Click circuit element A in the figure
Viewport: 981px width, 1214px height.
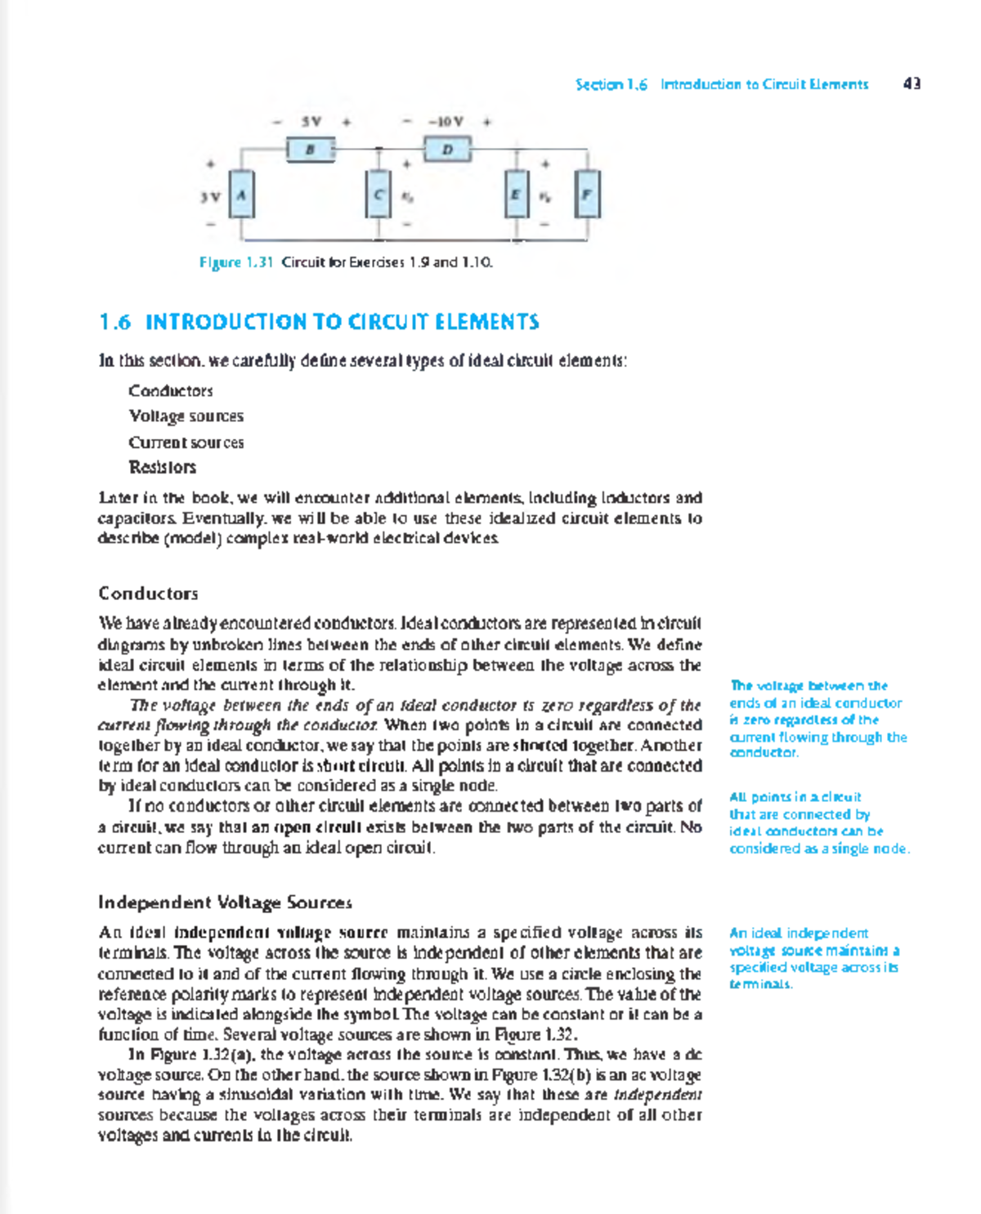click(x=241, y=195)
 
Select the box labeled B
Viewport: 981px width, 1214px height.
click(x=311, y=150)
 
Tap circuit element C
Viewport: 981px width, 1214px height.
click(x=379, y=195)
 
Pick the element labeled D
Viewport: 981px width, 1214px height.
click(x=447, y=150)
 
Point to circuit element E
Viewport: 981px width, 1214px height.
click(x=516, y=195)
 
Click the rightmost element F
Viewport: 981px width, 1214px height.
click(x=587, y=195)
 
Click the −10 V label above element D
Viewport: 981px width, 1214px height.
click(x=446, y=122)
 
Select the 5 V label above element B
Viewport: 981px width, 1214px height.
click(x=311, y=122)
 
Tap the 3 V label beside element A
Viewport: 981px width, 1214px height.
click(x=210, y=197)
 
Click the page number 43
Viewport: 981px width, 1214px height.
click(x=912, y=83)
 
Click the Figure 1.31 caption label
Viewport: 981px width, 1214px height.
click(x=235, y=262)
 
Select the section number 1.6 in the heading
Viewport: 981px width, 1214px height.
click(x=115, y=322)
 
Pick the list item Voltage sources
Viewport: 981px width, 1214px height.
click(x=186, y=416)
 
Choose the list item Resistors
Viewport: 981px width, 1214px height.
click(x=162, y=468)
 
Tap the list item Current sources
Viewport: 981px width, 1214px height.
click(x=186, y=442)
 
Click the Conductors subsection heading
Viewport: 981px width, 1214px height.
click(x=148, y=594)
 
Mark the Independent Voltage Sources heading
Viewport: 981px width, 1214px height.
click(x=225, y=903)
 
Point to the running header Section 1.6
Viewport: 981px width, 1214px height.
click(x=611, y=84)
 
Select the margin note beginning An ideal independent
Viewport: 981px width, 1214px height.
click(x=814, y=958)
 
